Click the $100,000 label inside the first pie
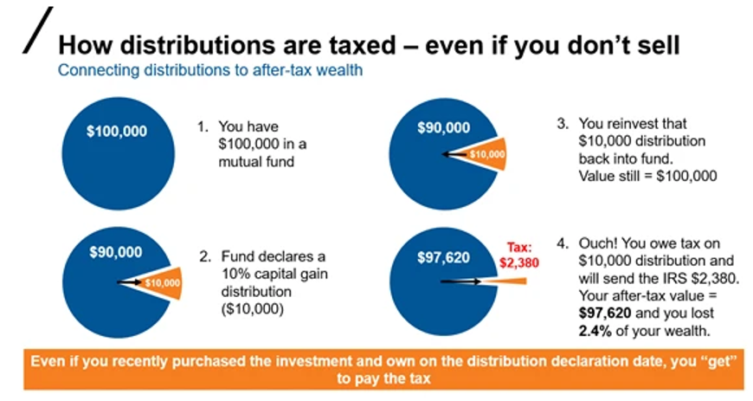(x=117, y=132)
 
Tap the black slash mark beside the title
(x=38, y=29)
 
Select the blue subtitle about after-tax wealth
(x=210, y=70)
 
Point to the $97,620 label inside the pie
(x=443, y=258)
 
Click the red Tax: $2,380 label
(x=519, y=255)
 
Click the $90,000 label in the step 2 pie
(x=116, y=252)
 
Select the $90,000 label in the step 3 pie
(x=444, y=127)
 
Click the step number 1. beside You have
(x=203, y=126)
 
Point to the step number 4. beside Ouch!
(x=563, y=243)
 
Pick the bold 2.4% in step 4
(x=595, y=331)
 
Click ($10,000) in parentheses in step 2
(x=253, y=308)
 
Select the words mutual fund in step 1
(x=256, y=162)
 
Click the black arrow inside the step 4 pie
(x=461, y=281)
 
